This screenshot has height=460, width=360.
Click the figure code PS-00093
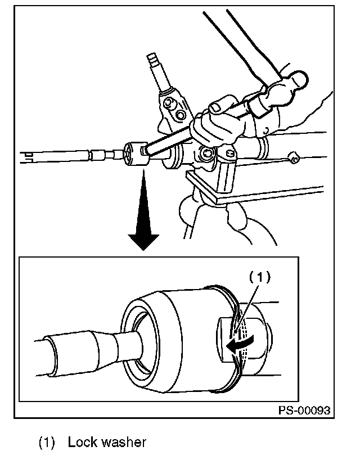[303, 410]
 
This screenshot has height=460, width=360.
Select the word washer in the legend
[124, 442]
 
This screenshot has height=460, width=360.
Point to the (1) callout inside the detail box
[260, 276]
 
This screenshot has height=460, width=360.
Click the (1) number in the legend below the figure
[47, 443]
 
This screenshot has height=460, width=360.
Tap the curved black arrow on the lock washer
[238, 345]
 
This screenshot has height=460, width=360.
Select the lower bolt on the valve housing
[181, 115]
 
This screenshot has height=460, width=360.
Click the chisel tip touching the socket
[145, 150]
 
